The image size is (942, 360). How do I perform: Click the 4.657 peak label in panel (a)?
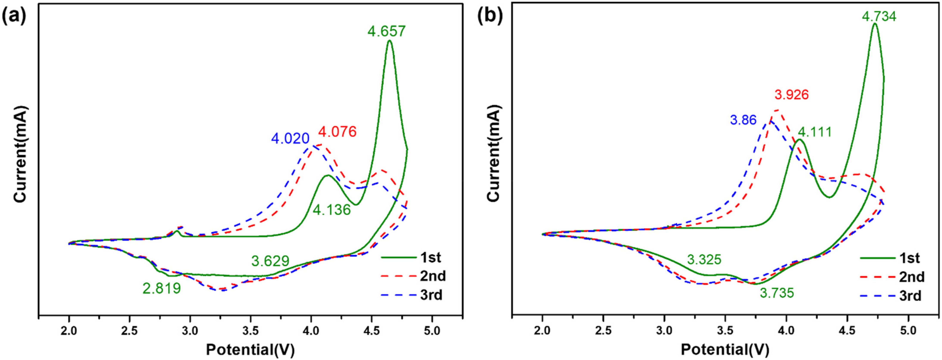point(387,31)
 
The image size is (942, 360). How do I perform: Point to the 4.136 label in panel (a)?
point(332,210)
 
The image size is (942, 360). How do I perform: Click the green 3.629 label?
point(270,261)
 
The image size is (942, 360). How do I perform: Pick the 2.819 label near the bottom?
point(162,289)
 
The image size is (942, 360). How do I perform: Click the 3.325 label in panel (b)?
point(704,260)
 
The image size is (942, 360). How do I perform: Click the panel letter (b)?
point(491,16)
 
